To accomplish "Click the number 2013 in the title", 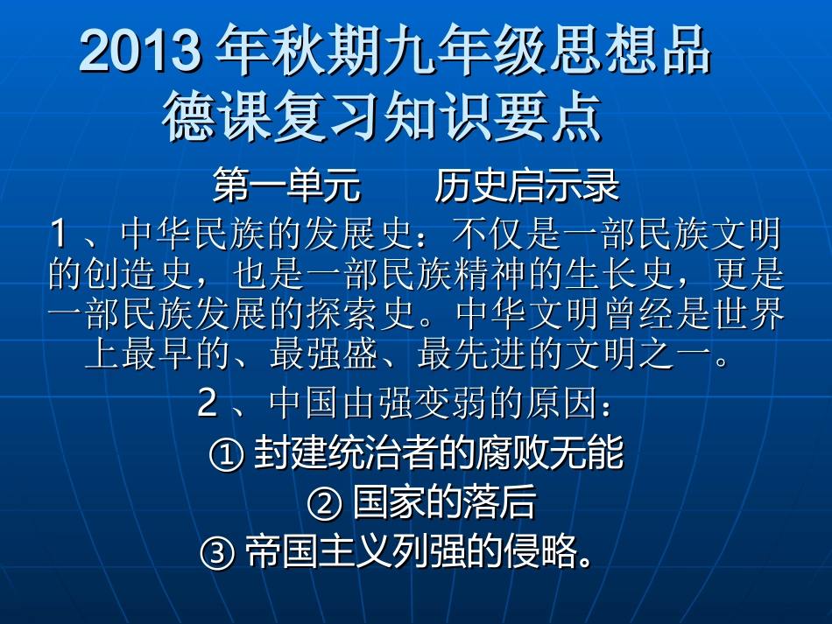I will (139, 53).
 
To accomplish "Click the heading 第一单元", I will (286, 186).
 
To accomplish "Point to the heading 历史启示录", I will (526, 186).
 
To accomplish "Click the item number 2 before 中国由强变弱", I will (208, 403).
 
